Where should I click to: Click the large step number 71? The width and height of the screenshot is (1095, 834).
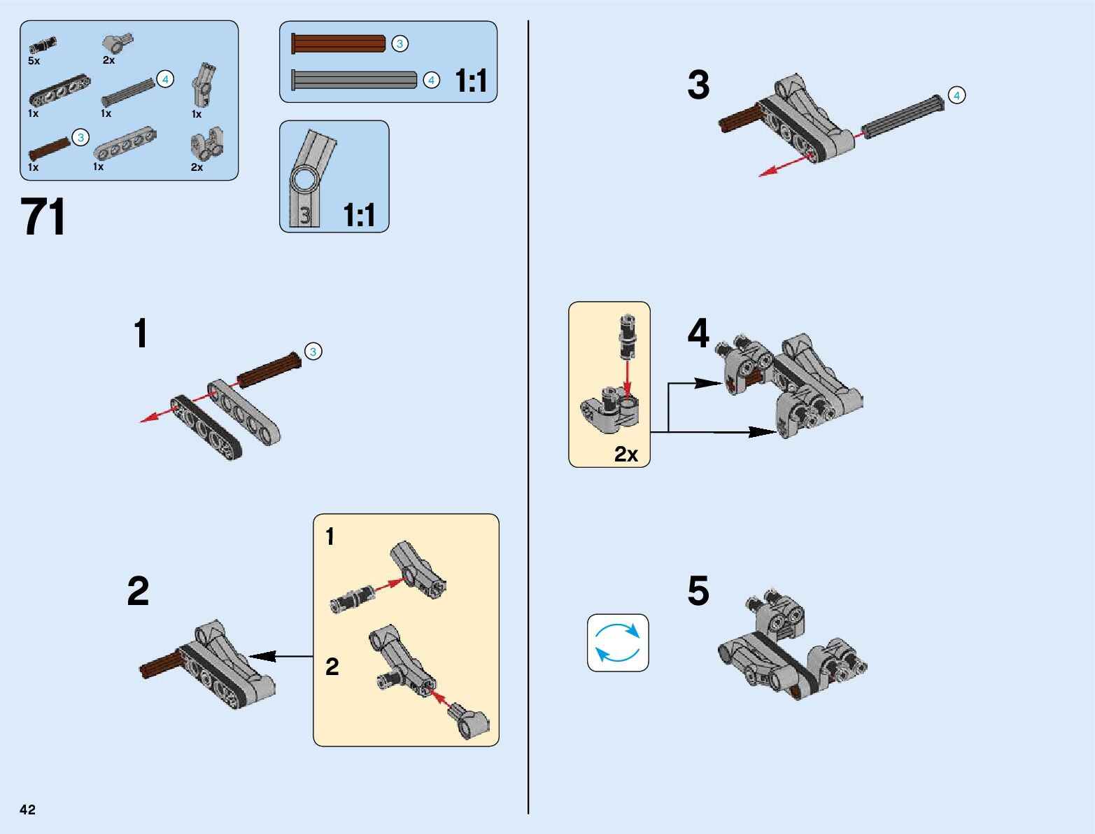click(43, 217)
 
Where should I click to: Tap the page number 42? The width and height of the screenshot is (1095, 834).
click(27, 809)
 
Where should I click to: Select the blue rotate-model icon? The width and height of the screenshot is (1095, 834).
click(618, 643)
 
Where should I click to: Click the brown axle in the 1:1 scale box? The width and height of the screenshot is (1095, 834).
click(339, 43)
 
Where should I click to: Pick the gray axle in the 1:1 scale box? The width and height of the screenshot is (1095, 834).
click(354, 80)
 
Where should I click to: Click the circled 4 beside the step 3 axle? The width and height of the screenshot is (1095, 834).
click(956, 95)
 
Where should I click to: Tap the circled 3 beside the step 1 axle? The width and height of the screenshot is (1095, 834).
click(313, 352)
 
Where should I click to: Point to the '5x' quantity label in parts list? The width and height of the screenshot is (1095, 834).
click(34, 62)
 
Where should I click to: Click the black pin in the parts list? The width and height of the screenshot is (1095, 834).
click(42, 46)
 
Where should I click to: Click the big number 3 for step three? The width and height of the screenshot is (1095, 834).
click(698, 85)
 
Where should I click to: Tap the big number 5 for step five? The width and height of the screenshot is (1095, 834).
click(698, 591)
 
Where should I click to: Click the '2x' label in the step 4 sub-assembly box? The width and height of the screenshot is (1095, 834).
click(626, 454)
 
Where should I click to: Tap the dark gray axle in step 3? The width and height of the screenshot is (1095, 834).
click(903, 116)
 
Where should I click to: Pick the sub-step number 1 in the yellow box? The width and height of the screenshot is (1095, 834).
click(330, 537)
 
